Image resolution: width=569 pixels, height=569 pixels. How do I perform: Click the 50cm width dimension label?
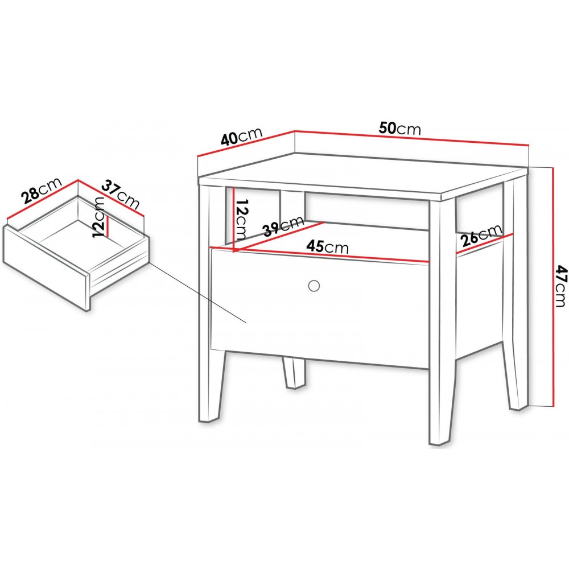click(x=400, y=129)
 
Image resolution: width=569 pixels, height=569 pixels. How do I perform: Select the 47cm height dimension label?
click(x=562, y=286)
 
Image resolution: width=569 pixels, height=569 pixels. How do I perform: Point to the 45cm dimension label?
click(x=327, y=247)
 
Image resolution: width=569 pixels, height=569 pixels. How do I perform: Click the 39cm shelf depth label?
click(x=283, y=226)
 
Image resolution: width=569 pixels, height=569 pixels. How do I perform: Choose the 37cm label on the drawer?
click(x=121, y=195)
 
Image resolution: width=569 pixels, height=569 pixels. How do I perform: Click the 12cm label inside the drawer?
click(x=98, y=217)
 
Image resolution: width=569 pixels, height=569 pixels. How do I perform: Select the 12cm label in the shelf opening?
click(x=241, y=219)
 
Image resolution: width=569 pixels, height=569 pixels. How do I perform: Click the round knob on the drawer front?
click(x=314, y=286)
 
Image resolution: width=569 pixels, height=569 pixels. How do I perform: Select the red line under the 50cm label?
click(x=411, y=138)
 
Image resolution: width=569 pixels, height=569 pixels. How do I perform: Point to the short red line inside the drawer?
click(x=108, y=226)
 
